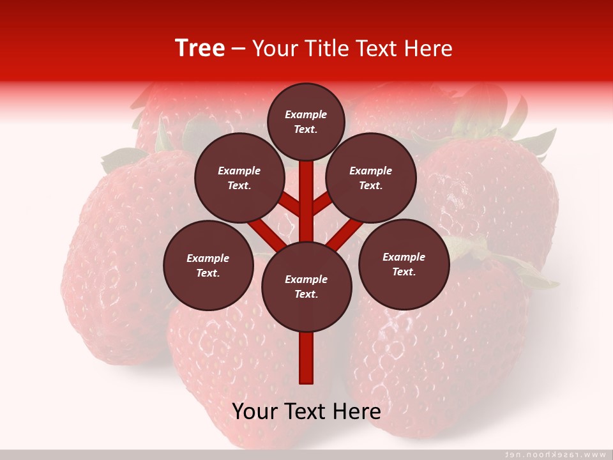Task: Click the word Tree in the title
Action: pyautogui.click(x=200, y=48)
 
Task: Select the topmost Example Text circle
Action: pyautogui.click(x=306, y=121)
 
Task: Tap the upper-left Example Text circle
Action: pyautogui.click(x=239, y=178)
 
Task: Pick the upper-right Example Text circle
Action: pyautogui.click(x=371, y=178)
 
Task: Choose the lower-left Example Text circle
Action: pyautogui.click(x=208, y=266)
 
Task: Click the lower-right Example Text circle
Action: pyautogui.click(x=404, y=264)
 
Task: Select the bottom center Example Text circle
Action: pyautogui.click(x=306, y=287)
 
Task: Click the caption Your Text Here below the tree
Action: pyautogui.click(x=306, y=411)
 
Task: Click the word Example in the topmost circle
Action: pyautogui.click(x=306, y=114)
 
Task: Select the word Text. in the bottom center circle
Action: pyautogui.click(x=306, y=295)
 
